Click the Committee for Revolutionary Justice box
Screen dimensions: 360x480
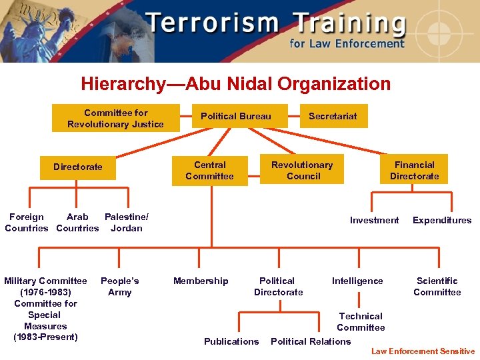[115, 118]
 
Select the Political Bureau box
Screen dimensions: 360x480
[236, 116]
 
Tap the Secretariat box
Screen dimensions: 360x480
[333, 116]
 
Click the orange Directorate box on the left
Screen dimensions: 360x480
[78, 167]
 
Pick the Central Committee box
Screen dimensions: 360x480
[209, 170]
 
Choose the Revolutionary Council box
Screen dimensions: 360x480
[302, 170]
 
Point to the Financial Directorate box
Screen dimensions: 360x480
[414, 170]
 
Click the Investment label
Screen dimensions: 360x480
[374, 220]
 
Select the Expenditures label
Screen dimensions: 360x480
[441, 220]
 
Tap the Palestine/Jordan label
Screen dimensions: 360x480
[126, 222]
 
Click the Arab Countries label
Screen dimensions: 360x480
[77, 222]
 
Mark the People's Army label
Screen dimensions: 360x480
[119, 286]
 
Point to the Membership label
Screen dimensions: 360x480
[201, 281]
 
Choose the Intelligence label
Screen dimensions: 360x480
[357, 281]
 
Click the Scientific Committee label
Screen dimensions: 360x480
[437, 286]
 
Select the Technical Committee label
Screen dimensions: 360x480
[361, 321]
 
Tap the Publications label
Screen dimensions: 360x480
[231, 341]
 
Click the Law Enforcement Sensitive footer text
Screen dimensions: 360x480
[423, 351]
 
